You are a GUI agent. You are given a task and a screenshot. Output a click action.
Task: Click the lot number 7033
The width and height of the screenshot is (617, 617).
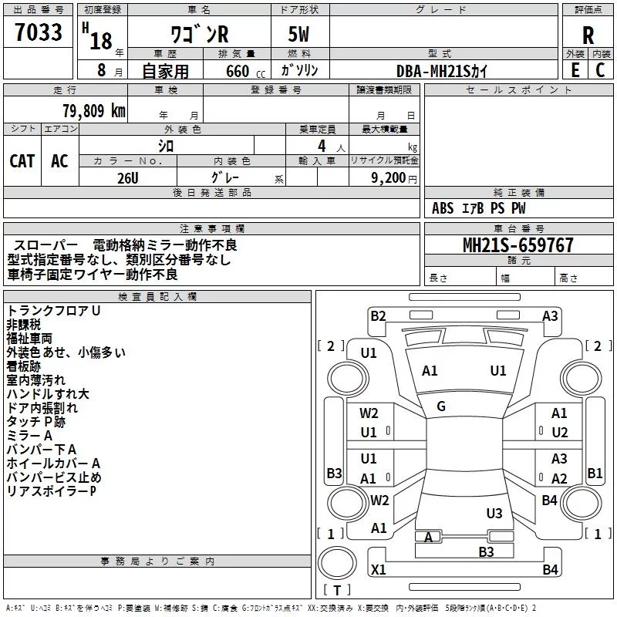pos(38,33)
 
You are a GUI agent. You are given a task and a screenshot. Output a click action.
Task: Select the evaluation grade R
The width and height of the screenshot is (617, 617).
pos(588,35)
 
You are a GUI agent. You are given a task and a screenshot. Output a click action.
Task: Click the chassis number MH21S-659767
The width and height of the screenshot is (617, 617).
pos(518,245)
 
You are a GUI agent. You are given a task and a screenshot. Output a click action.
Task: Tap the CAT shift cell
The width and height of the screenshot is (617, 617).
pos(22,160)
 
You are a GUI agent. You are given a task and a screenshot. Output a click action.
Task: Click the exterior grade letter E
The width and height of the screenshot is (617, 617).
pos(574,69)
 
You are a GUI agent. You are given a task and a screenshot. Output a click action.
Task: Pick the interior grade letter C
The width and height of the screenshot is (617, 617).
pos(600,69)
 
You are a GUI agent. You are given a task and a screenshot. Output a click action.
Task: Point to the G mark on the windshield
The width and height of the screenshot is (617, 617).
pos(441,406)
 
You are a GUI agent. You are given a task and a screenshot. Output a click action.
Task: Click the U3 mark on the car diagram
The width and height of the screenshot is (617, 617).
pos(494,513)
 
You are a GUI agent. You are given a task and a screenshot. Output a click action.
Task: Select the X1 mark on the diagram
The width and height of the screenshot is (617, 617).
pos(379,569)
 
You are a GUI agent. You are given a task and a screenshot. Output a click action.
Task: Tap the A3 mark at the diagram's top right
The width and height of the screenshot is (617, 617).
pos(550,315)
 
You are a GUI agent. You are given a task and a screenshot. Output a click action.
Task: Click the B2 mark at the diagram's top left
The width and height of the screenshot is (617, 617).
pos(378,315)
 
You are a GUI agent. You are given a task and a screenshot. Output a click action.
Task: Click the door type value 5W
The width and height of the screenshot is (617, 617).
pos(300,35)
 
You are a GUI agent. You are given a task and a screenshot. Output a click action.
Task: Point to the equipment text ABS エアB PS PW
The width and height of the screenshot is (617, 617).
pos(479,208)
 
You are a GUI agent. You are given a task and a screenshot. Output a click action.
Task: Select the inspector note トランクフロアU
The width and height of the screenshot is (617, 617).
pos(54,310)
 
